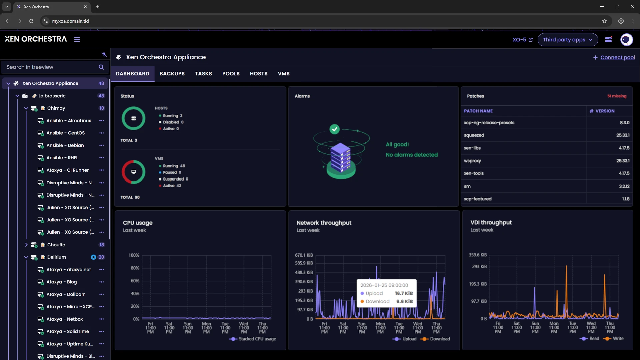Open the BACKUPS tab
172,74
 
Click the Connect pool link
617,57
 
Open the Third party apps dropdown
567,40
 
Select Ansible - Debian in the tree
65,145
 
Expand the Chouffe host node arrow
26,245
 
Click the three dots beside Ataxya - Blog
101,282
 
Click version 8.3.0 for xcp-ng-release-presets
624,123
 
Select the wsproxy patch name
472,161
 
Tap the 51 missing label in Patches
616,96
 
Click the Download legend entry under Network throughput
439,339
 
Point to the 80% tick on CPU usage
135,268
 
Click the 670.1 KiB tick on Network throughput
304,255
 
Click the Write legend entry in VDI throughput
617,338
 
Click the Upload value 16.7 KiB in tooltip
403,293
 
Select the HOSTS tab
258,74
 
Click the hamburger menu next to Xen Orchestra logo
77,39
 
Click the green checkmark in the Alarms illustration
334,129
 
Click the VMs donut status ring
133,172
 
